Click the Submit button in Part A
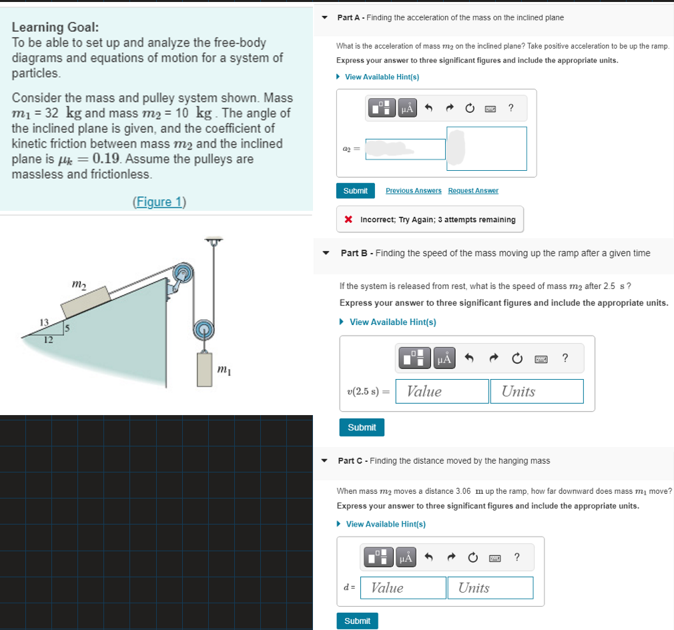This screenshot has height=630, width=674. pyautogui.click(x=355, y=191)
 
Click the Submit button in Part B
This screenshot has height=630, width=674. pyautogui.click(x=362, y=427)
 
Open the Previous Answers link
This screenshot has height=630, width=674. pyautogui.click(x=414, y=191)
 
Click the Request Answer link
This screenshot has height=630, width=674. pyautogui.click(x=473, y=191)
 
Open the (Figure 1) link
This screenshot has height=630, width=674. pyautogui.click(x=159, y=202)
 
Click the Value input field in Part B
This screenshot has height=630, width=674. pyautogui.click(x=442, y=391)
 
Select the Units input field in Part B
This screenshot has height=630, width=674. pyautogui.click(x=537, y=391)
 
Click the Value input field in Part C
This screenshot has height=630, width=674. pyautogui.click(x=403, y=588)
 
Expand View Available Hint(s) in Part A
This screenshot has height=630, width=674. pyautogui.click(x=382, y=77)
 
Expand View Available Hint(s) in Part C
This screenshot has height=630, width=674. pyautogui.click(x=385, y=524)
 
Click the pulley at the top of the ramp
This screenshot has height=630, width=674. pyautogui.click(x=182, y=274)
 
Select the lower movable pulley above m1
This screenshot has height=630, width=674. pyautogui.click(x=204, y=329)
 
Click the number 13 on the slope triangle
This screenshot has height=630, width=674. pyautogui.click(x=44, y=323)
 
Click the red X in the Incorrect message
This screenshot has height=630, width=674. pyautogui.click(x=348, y=220)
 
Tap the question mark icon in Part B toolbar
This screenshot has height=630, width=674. pyautogui.click(x=565, y=358)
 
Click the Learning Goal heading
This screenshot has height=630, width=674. pyautogui.click(x=56, y=27)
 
